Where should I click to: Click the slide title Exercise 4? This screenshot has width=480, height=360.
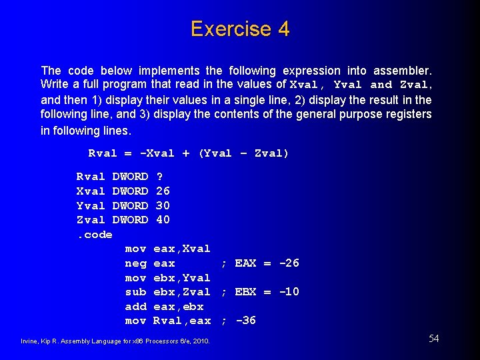pyautogui.click(x=240, y=29)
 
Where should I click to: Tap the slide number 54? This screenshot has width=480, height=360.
pyautogui.click(x=433, y=339)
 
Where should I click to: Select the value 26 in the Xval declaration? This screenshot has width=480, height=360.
pyautogui.click(x=162, y=191)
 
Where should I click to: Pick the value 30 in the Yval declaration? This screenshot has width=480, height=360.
pyautogui.click(x=162, y=205)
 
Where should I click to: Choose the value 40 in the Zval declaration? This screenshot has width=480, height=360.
pyautogui.click(x=162, y=219)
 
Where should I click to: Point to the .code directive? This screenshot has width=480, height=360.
pyautogui.click(x=94, y=235)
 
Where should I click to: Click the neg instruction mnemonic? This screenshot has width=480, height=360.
pyautogui.click(x=135, y=263)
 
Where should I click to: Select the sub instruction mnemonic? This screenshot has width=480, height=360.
pyautogui.click(x=135, y=292)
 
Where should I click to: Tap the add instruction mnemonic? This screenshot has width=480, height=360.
pyautogui.click(x=135, y=307)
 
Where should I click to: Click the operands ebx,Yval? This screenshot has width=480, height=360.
pyautogui.click(x=181, y=278)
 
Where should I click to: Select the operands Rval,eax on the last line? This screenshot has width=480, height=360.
pyautogui.click(x=181, y=321)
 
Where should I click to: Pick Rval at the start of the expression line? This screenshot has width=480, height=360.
pyautogui.click(x=103, y=153)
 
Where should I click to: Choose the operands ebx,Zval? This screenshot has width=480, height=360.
pyautogui.click(x=181, y=292)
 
